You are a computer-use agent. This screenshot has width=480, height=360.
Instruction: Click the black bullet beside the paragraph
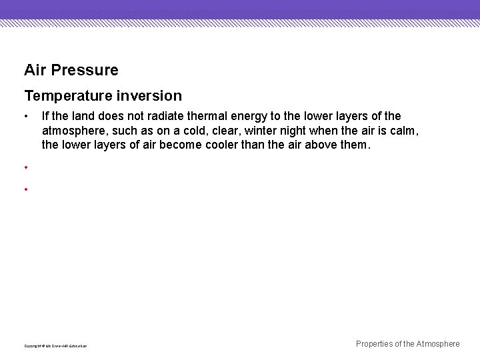pyautogui.click(x=25, y=117)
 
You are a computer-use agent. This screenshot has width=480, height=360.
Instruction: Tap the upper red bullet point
pyautogui.click(x=25, y=167)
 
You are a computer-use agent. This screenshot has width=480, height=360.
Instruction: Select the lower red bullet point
pyautogui.click(x=25, y=190)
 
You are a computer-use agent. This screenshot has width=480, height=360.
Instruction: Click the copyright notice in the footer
pyautogui.click(x=55, y=345)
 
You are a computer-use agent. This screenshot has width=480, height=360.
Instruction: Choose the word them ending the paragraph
pyautogui.click(x=353, y=145)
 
